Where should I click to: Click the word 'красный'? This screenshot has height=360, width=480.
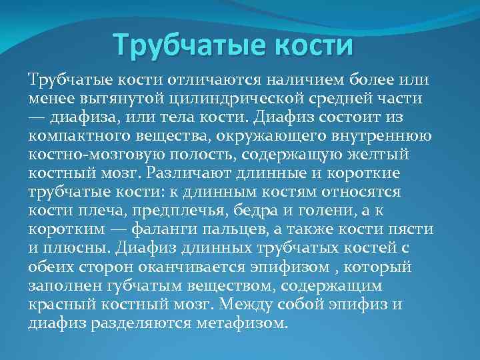click(x=57, y=305)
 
